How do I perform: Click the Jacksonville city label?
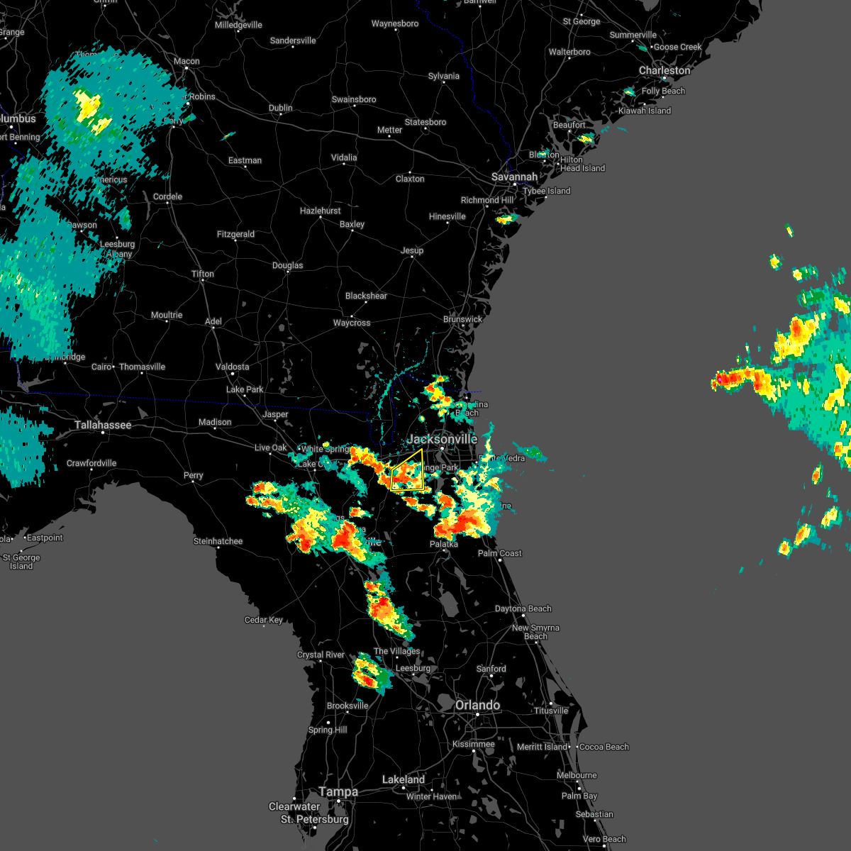(x=442, y=440)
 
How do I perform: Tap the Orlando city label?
(x=477, y=705)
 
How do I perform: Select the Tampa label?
(x=338, y=791)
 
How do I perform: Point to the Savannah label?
(x=514, y=177)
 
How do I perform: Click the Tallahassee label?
(x=103, y=425)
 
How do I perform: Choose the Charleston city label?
(x=664, y=70)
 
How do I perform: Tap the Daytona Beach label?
(x=523, y=608)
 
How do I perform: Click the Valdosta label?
(x=232, y=367)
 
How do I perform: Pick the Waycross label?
(x=352, y=323)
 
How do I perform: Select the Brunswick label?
(x=462, y=319)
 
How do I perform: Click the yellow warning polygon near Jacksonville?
(x=408, y=474)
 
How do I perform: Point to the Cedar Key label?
(x=264, y=620)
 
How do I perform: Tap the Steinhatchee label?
(x=218, y=541)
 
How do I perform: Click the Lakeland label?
(x=403, y=779)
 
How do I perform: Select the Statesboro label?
(x=425, y=122)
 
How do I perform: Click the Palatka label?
(x=444, y=544)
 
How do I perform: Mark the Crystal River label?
(x=321, y=655)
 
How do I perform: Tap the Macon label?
(x=187, y=61)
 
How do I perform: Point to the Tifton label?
(x=202, y=274)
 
